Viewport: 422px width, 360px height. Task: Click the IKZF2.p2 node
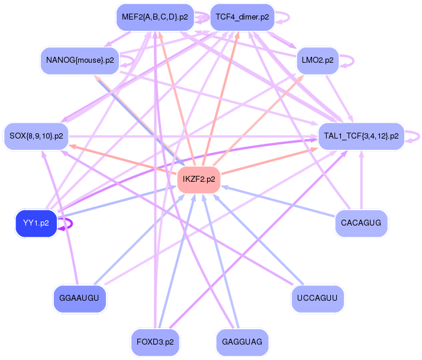tap(199, 179)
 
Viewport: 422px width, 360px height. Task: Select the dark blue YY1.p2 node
tap(36, 223)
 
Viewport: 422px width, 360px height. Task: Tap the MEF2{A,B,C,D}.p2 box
tap(154, 17)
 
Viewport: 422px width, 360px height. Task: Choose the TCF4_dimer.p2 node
tap(242, 17)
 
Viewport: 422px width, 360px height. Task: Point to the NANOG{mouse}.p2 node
tap(80, 60)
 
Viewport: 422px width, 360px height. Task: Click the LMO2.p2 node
tap(317, 60)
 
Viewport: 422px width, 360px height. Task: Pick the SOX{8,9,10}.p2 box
tap(37, 136)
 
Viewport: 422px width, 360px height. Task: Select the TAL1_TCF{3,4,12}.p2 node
tap(361, 136)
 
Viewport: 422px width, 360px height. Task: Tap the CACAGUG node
tap(361, 223)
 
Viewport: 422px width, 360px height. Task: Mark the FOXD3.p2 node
tap(155, 342)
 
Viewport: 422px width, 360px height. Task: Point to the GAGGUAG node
tap(242, 342)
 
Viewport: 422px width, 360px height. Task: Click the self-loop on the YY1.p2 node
tap(70, 224)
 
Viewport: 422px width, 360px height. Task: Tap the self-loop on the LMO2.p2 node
tap(351, 60)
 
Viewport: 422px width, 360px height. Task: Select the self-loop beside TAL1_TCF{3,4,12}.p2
tap(417, 136)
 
